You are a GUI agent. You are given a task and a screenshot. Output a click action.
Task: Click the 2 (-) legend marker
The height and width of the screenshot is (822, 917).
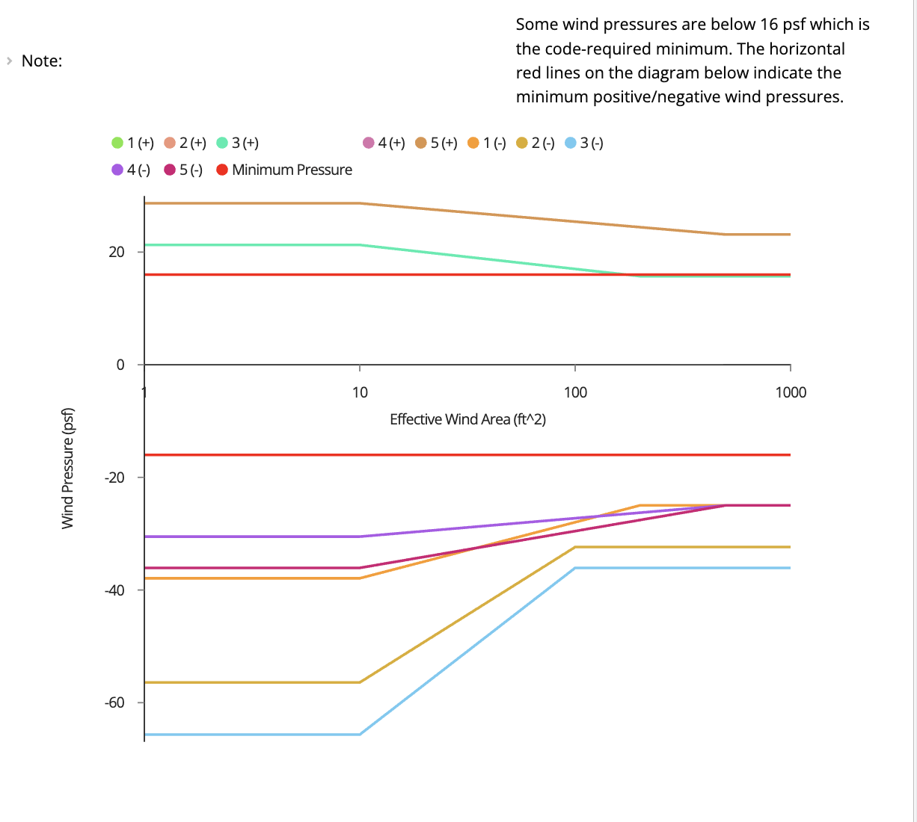pos(522,143)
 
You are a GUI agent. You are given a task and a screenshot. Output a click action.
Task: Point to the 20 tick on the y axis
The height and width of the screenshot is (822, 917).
pos(117,252)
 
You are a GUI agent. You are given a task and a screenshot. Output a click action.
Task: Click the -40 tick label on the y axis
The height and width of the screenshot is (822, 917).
pos(114,590)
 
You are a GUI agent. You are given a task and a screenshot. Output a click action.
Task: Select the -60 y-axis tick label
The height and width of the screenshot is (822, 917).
pos(114,702)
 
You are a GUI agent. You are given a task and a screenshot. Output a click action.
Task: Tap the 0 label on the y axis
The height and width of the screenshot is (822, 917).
pos(120,365)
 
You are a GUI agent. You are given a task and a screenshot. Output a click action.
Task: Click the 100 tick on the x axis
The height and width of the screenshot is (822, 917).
pos(575,392)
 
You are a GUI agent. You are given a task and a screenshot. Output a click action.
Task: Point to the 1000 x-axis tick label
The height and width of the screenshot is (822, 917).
pos(791,392)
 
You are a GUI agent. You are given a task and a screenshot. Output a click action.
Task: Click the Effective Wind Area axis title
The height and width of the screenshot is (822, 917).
pos(467,419)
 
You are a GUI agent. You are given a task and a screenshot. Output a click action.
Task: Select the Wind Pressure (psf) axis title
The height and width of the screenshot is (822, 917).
pos(68,469)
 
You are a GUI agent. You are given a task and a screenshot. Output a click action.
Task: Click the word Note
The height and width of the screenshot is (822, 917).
pos(42,61)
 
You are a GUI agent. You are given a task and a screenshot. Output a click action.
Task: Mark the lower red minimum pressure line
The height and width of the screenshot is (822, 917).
pos(464,454)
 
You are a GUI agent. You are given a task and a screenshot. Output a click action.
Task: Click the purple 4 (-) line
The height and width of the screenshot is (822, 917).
pos(247,537)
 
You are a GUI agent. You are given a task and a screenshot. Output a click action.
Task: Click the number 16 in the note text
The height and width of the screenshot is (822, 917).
pos(769,24)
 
